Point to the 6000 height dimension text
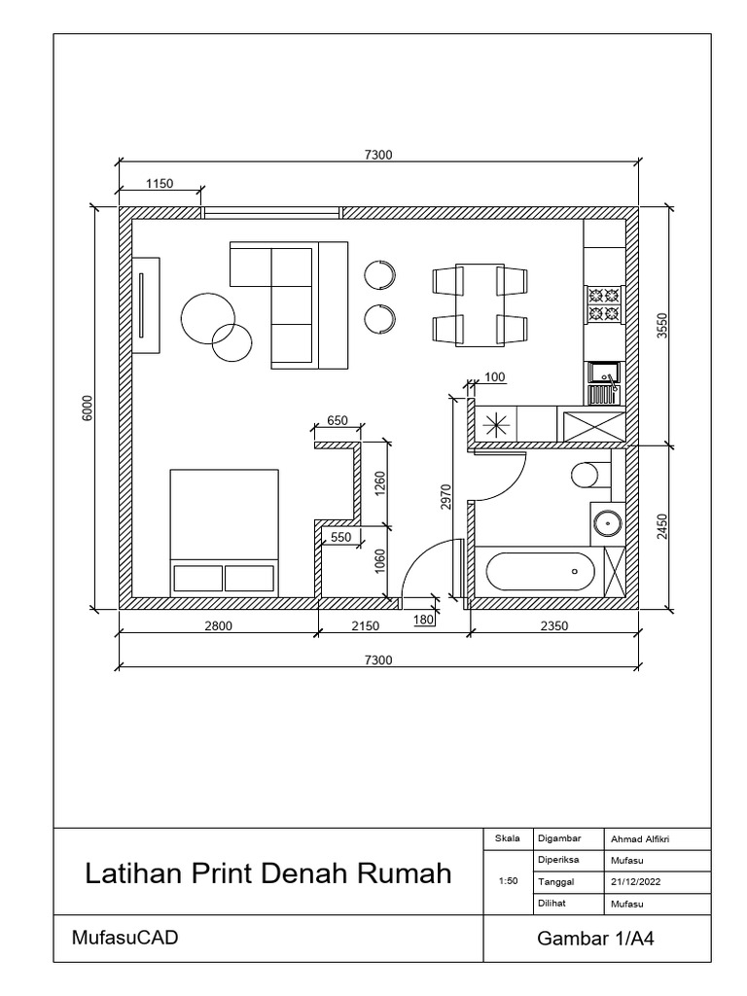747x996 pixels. tap(87, 409)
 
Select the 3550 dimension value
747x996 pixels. tap(663, 325)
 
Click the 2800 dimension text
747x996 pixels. tap(217, 626)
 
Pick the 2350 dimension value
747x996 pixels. tap(553, 626)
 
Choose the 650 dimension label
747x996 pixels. tap(337, 421)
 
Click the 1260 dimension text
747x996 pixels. tap(380, 483)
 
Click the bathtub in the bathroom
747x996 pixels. tap(540, 571)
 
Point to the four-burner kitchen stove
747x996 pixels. tap(603, 303)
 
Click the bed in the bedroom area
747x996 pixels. tap(224, 532)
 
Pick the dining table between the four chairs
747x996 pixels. tap(480, 304)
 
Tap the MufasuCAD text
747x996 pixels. tap(124, 939)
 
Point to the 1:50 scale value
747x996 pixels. tap(506, 881)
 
